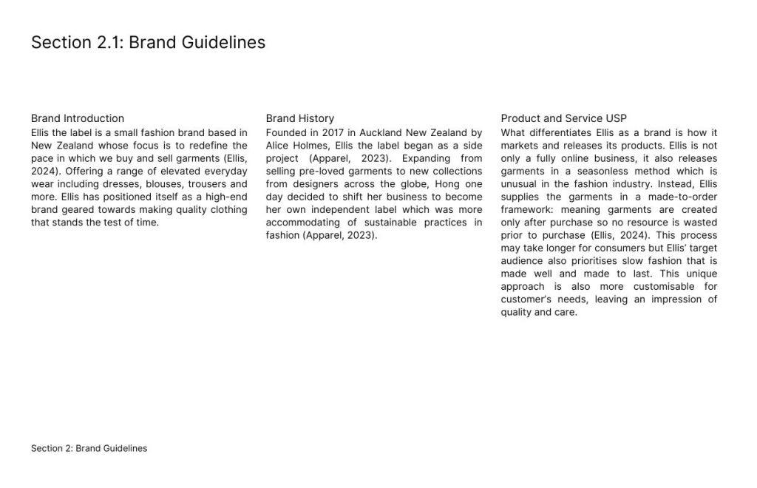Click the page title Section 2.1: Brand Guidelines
click(x=148, y=42)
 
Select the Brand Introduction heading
click(x=78, y=118)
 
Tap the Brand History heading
click(x=300, y=118)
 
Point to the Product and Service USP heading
click(x=563, y=118)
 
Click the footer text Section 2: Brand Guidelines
click(x=89, y=448)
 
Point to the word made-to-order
click(x=682, y=197)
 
